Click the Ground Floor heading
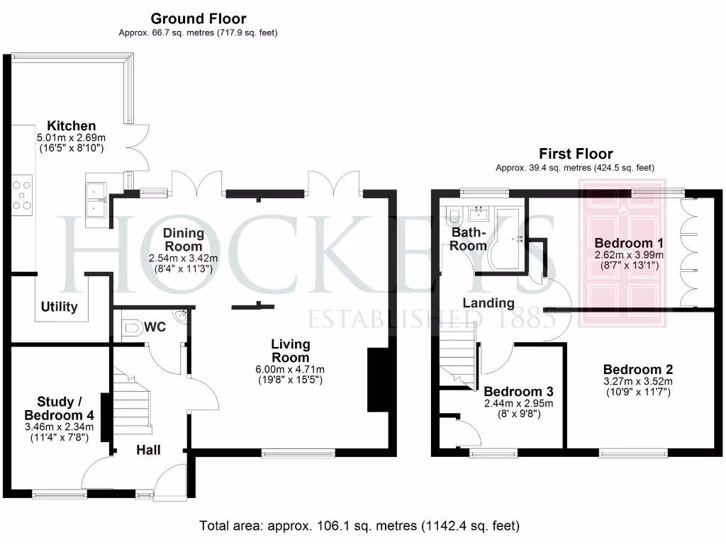click(x=199, y=18)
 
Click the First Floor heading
click(x=576, y=154)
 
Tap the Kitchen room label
click(x=72, y=125)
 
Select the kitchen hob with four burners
click(x=22, y=196)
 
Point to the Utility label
click(x=60, y=307)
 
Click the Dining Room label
click(x=184, y=239)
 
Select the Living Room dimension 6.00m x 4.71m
click(x=291, y=369)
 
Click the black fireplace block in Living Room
click(x=376, y=380)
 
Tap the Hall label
click(x=149, y=450)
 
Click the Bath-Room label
click(x=469, y=239)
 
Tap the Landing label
click(x=488, y=303)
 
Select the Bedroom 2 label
click(x=638, y=369)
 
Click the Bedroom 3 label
click(x=518, y=392)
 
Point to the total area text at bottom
click(x=359, y=526)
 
